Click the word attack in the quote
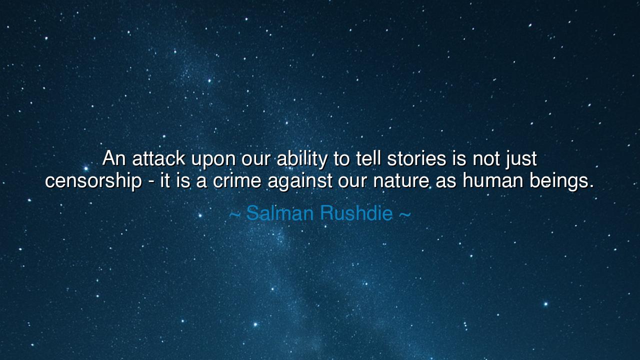coord(158,159)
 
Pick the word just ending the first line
coord(521,159)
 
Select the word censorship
coord(93,181)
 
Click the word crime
coord(237,180)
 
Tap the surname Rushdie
coord(356,213)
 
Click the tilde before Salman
coord(235,214)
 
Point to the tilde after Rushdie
coord(405,214)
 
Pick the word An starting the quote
coord(114,159)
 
